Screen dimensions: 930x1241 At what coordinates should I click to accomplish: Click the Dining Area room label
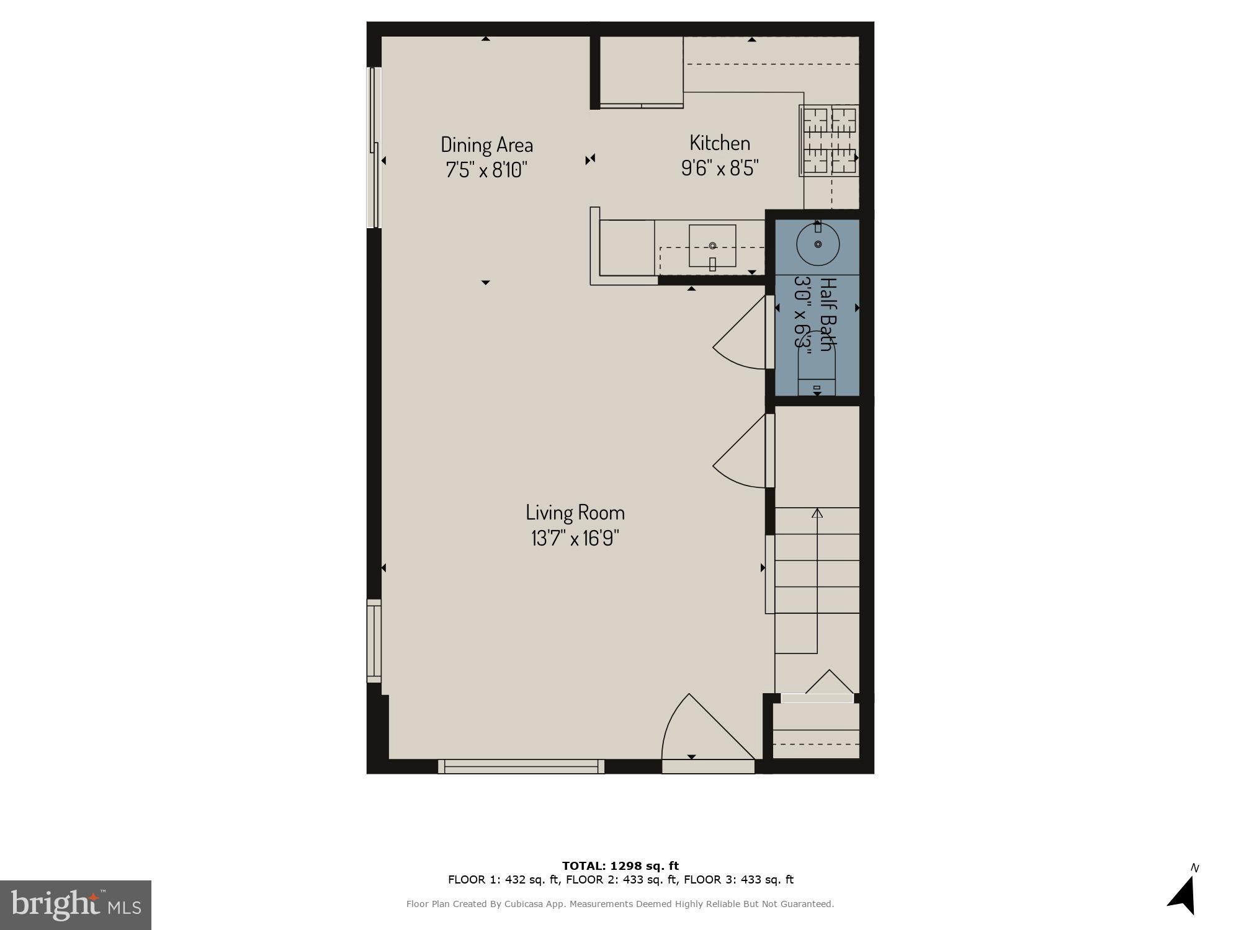coord(486,144)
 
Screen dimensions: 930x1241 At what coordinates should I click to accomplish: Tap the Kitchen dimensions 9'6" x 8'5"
coord(720,168)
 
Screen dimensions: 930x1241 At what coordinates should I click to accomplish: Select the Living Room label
coord(575,512)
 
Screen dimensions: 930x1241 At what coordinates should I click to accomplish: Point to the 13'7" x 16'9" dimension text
coord(575,538)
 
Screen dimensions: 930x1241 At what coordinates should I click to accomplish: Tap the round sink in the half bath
coord(818,244)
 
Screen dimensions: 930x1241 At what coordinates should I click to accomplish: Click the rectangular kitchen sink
coord(712,246)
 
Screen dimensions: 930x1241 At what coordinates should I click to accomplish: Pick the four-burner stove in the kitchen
coord(829,140)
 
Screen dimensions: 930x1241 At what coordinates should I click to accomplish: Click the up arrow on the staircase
coord(817,514)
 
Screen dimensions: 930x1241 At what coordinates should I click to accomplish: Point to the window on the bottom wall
coord(521,767)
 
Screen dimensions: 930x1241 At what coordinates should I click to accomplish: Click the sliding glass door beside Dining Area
coord(374,148)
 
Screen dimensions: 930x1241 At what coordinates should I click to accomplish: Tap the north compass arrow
coord(1183,895)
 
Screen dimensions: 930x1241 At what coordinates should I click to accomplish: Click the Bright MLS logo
coord(76,905)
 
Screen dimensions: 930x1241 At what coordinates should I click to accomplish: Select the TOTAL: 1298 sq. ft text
coord(620,866)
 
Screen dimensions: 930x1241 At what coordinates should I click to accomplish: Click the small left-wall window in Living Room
coord(374,641)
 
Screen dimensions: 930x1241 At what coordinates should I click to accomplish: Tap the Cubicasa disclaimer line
coord(620,904)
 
